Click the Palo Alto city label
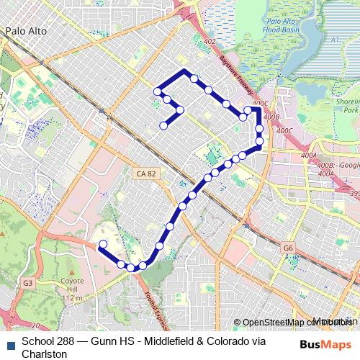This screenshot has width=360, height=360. [x=26, y=31]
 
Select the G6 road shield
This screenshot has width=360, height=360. [x=288, y=248]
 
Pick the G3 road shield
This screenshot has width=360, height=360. [x=27, y=283]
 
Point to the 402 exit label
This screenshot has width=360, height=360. [x=210, y=42]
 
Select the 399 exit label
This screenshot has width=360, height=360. [x=353, y=193]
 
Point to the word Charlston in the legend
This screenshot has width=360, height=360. [x=45, y=354]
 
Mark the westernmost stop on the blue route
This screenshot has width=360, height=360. [x=102, y=244]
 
